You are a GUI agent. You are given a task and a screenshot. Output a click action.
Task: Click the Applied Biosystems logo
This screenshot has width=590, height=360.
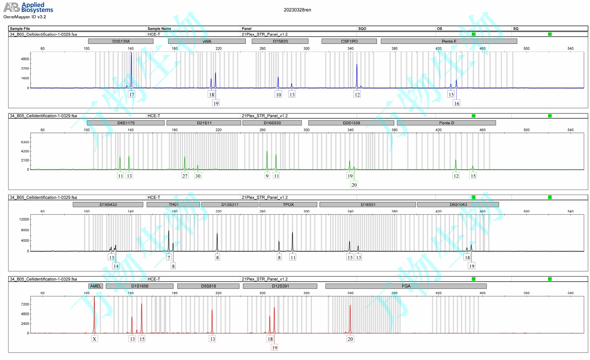pyautogui.click(x=28, y=7)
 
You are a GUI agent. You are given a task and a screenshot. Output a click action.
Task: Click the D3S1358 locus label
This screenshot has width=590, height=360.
pyautogui.click(x=121, y=41)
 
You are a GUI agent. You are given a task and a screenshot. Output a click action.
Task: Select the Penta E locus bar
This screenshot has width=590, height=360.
pyautogui.click(x=448, y=41)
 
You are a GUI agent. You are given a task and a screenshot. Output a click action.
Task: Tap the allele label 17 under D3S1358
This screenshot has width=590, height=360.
pyautogui.click(x=132, y=95)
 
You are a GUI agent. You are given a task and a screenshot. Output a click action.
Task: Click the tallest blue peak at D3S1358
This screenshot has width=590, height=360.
pyautogui.click(x=131, y=54)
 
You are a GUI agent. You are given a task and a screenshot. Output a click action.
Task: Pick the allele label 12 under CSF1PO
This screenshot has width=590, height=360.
pyautogui.click(x=357, y=95)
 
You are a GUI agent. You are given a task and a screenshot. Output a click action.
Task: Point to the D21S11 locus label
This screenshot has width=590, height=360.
pyautogui.click(x=204, y=123)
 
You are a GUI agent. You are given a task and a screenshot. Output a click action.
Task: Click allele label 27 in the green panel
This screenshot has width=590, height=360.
pyautogui.click(x=185, y=176)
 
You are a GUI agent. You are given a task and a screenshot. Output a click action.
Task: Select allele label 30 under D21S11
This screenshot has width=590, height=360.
pyautogui.click(x=198, y=176)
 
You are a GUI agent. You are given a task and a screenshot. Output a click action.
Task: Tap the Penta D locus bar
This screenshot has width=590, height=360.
pyautogui.click(x=446, y=123)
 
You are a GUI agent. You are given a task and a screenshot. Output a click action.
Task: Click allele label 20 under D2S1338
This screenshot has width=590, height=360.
pyautogui.click(x=354, y=185)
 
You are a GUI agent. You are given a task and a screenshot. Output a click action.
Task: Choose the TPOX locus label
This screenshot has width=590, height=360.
pyautogui.click(x=288, y=204)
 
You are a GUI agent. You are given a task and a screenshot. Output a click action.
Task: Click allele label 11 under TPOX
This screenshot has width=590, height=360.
pyautogui.click(x=293, y=257)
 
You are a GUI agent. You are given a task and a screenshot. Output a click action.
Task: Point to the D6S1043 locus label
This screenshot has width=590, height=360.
pyautogui.click(x=458, y=204)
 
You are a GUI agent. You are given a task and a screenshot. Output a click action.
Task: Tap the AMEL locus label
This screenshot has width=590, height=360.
pyautogui.click(x=96, y=286)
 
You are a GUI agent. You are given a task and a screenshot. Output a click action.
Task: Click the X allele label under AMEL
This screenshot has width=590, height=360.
pyautogui.click(x=94, y=339)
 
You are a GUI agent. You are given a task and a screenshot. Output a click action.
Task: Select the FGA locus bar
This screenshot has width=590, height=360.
pyautogui.click(x=406, y=286)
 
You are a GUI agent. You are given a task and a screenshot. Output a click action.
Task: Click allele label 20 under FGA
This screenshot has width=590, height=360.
pyautogui.click(x=350, y=339)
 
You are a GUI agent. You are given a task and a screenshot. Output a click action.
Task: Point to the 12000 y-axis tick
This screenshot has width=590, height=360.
pyautogui.click(x=24, y=219)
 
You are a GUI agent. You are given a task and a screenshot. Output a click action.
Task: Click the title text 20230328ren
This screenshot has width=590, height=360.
pyautogui.click(x=297, y=10)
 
